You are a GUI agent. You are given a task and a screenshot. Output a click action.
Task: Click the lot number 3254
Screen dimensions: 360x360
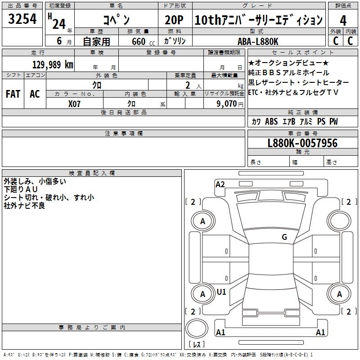click(x=22, y=19)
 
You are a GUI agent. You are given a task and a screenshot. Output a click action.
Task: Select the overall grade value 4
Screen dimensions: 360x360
click(x=343, y=20)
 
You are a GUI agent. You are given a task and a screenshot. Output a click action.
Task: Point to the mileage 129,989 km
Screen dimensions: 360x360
click(x=53, y=65)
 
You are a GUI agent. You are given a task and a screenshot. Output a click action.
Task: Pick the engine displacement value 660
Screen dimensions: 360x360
click(x=138, y=41)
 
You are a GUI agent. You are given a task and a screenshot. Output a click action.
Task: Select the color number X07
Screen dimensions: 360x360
click(x=75, y=103)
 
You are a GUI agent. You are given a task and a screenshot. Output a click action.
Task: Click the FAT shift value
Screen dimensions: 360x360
click(x=13, y=94)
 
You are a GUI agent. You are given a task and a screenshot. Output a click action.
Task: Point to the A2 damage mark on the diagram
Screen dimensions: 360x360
click(x=220, y=184)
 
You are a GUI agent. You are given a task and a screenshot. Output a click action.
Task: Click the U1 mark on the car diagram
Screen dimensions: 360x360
click(x=221, y=292)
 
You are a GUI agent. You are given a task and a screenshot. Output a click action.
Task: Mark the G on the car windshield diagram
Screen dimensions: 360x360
click(x=284, y=237)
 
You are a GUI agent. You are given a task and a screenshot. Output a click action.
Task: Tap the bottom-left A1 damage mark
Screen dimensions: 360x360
click(x=220, y=333)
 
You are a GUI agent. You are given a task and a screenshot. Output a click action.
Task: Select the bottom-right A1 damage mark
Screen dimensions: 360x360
click(x=321, y=333)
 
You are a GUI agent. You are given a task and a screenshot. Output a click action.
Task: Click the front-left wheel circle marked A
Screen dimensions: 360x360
click(x=202, y=221)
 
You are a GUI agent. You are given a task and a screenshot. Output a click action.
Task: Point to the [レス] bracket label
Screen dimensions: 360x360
click(x=197, y=345)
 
